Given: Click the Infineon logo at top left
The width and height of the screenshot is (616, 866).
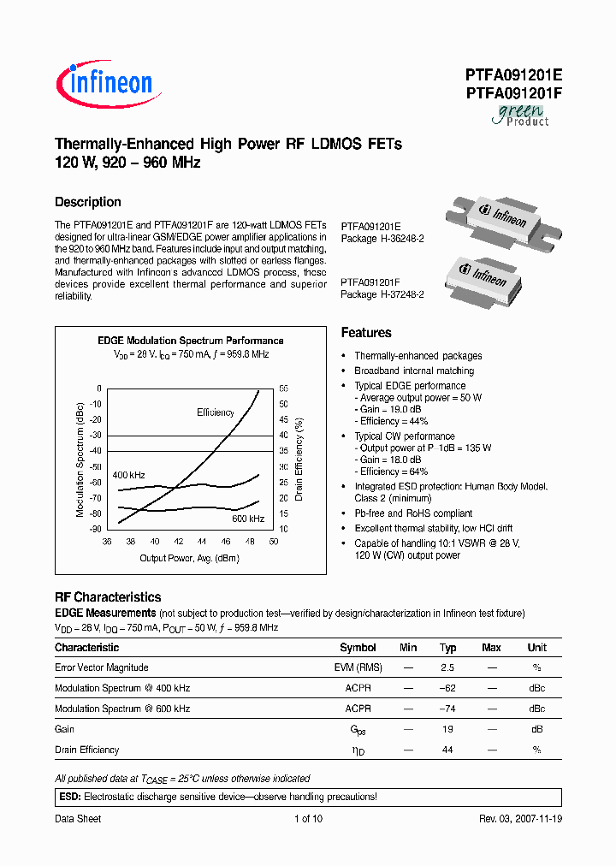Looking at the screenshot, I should (x=104, y=82).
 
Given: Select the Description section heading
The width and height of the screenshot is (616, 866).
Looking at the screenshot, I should (x=87, y=202).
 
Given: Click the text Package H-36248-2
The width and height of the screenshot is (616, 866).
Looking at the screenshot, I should (x=382, y=239).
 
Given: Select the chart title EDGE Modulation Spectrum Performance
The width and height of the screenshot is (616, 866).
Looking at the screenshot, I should (x=190, y=341).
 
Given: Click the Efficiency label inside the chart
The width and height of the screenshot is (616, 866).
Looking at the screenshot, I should (x=215, y=412).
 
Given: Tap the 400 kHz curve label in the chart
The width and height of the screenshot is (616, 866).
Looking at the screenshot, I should (x=128, y=474).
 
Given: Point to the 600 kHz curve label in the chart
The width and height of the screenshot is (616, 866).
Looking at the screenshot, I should (x=247, y=519).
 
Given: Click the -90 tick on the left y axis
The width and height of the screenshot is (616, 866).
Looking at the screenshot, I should (x=94, y=529).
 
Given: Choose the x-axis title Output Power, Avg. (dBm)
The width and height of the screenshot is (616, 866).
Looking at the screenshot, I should (x=189, y=558).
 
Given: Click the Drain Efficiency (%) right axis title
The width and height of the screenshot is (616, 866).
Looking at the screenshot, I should (x=299, y=458).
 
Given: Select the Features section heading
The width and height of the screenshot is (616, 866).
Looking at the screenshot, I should (x=366, y=333).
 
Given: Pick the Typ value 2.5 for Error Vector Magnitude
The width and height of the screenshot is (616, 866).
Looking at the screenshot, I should (x=447, y=667).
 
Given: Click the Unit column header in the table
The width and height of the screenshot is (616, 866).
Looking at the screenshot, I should (x=536, y=648).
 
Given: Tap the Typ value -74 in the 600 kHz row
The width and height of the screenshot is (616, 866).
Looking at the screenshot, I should (x=447, y=709).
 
